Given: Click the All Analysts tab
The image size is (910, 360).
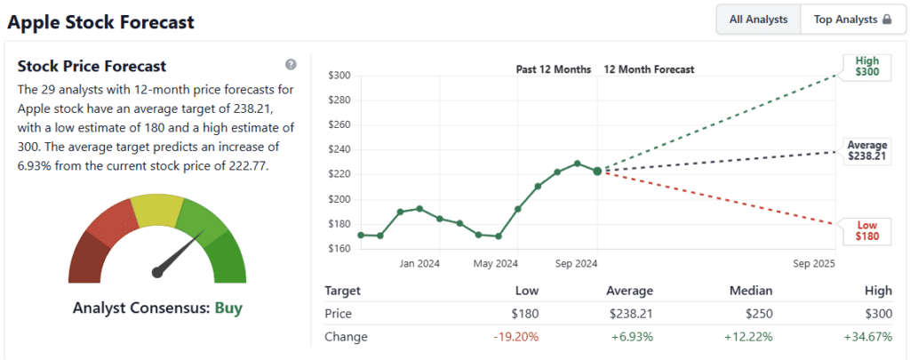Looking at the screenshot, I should [x=758, y=20].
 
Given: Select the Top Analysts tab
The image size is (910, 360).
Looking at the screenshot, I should [x=845, y=20].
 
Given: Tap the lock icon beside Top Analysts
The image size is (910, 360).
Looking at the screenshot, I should [x=886, y=20].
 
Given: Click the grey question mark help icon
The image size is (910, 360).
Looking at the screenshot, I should [x=291, y=65].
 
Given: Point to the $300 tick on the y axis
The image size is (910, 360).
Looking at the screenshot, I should [x=338, y=75].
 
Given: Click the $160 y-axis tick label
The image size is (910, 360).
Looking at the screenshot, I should [x=338, y=248].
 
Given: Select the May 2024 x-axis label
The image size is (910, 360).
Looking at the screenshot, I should [x=496, y=263].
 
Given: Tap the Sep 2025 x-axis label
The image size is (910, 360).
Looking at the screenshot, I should [x=815, y=263].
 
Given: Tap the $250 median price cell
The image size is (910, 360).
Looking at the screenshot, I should [x=755, y=314].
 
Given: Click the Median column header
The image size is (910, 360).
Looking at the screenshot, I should [x=750, y=291].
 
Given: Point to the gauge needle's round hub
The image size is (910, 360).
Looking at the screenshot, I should [x=158, y=272].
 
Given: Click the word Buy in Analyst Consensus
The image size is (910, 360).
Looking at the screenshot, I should [x=228, y=308].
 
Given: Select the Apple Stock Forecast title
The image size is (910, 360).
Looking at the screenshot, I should [x=101, y=21].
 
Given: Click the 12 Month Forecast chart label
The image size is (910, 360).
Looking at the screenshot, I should [x=649, y=68].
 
